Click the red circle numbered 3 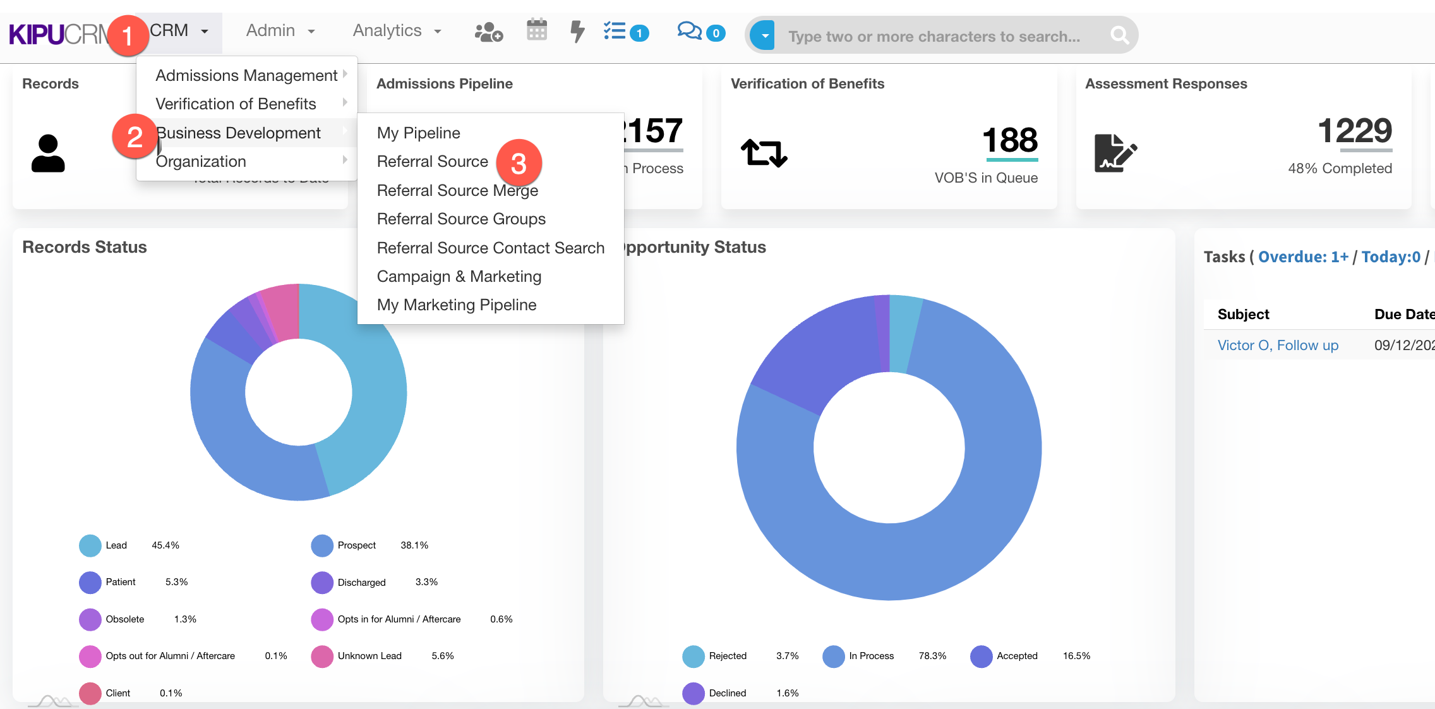pyautogui.click(x=519, y=164)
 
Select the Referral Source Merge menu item pyautogui.click(x=457, y=190)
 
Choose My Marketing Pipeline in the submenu pyautogui.click(x=456, y=305)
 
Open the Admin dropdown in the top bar pyautogui.click(x=280, y=31)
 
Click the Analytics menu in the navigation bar pyautogui.click(x=396, y=31)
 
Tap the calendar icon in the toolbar pyautogui.click(x=537, y=30)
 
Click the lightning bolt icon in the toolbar pyautogui.click(x=577, y=31)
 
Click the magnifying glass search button pyautogui.click(x=1119, y=35)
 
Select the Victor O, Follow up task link pyautogui.click(x=1277, y=345)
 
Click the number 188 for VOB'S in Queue pyautogui.click(x=1010, y=140)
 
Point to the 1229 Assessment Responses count pyautogui.click(x=1354, y=131)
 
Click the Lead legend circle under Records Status pyautogui.click(x=90, y=545)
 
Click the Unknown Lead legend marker pyautogui.click(x=322, y=656)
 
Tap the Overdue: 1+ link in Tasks pyautogui.click(x=1303, y=257)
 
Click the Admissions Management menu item pyautogui.click(x=246, y=75)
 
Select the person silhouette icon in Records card pyautogui.click(x=48, y=153)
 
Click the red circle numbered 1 pyautogui.click(x=127, y=35)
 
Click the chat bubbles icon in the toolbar pyautogui.click(x=689, y=31)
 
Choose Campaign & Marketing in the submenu pyautogui.click(x=459, y=276)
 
